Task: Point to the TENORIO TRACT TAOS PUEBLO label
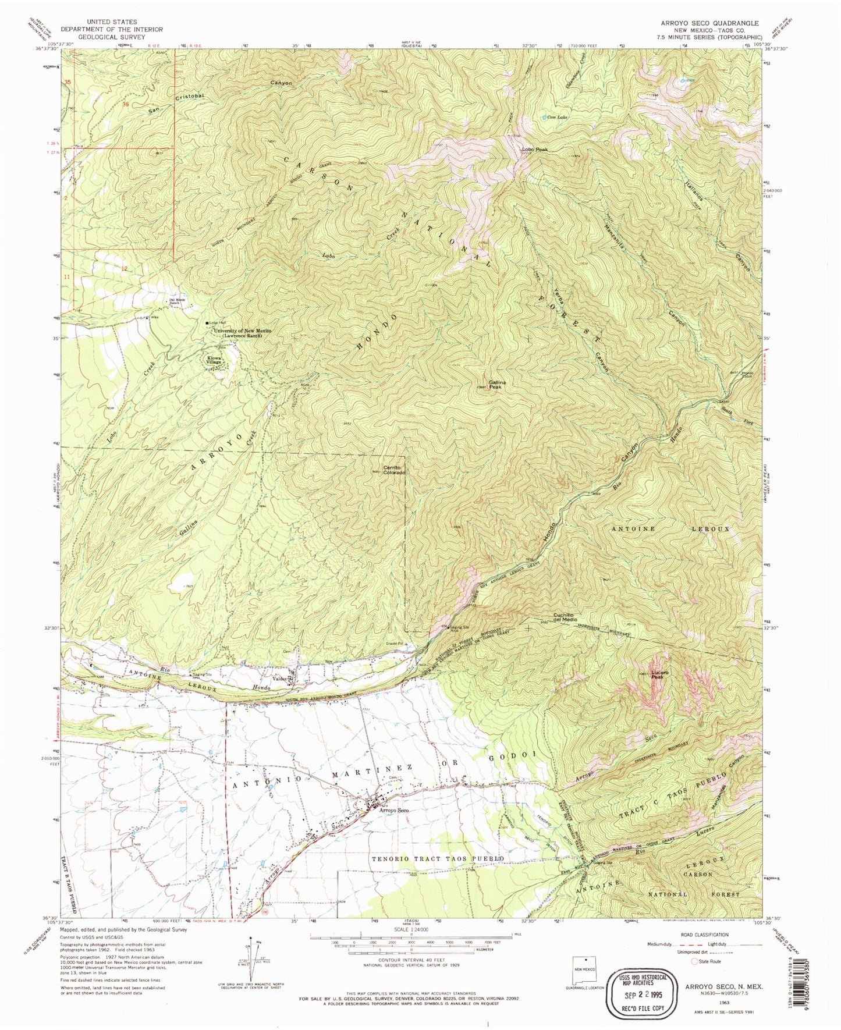(437, 859)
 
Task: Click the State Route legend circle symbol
(694, 962)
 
